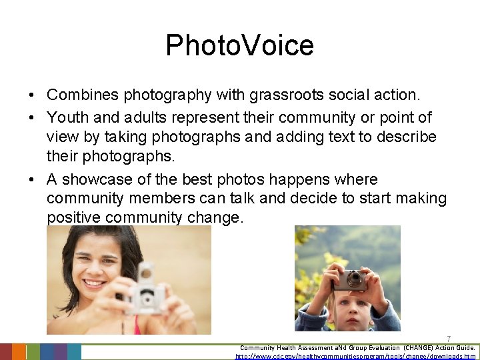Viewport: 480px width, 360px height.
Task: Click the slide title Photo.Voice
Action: pos(239,45)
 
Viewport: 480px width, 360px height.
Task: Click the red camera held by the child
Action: pos(350,279)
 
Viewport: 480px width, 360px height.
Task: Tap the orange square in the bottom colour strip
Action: pos(19,352)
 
